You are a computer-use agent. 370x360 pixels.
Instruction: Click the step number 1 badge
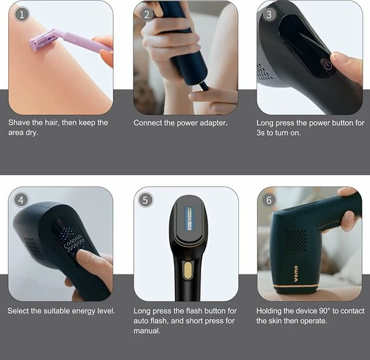pos(22,15)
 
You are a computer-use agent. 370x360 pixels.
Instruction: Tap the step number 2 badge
pos(147,15)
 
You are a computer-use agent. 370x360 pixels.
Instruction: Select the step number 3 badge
pos(269,15)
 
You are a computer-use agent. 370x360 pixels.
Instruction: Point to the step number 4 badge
pos(22,200)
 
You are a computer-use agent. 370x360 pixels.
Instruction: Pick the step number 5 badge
pos(145,200)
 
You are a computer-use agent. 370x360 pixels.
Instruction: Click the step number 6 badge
pos(269,200)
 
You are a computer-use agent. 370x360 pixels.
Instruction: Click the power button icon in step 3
pos(328,65)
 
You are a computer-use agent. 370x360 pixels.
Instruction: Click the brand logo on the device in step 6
pos(296,274)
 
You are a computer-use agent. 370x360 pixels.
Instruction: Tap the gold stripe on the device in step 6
pos(297,286)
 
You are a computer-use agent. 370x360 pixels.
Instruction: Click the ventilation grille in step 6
pos(296,240)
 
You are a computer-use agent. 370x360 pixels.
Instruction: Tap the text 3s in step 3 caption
pos(260,133)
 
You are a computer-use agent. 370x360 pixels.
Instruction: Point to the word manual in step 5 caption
pos(147,330)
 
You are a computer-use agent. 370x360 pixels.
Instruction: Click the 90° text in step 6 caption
pos(325,311)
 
